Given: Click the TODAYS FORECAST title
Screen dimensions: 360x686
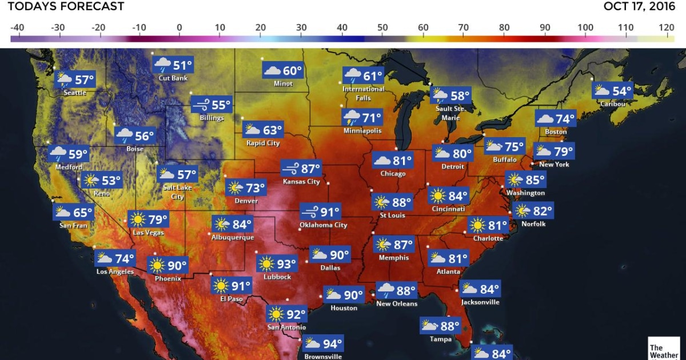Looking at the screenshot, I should coord(66,7).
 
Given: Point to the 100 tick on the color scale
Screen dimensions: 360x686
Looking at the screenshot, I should coord(585,27).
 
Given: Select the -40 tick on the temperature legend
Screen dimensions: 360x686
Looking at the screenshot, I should coord(17,27).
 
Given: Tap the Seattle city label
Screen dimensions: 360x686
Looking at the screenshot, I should coord(75,93).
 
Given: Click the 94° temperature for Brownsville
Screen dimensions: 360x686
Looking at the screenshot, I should coord(332,344).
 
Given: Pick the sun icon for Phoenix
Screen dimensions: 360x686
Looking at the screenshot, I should coord(157,266).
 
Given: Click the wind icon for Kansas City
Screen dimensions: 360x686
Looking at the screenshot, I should coord(290,169).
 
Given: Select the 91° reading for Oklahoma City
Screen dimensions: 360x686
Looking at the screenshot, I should coord(329,213).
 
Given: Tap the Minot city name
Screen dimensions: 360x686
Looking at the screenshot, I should coord(283,83).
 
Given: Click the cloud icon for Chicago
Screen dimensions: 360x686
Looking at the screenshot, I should coord(382,161).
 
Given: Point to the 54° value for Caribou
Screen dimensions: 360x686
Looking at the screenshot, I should coord(622,91).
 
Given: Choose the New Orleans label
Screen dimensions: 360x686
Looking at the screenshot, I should coord(397,303).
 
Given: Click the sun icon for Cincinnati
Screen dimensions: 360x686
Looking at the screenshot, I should coord(438,197).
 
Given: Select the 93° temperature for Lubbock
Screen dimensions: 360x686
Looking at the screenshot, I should coord(287,265).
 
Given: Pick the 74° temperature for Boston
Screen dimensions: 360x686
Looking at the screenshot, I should coord(565,119).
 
